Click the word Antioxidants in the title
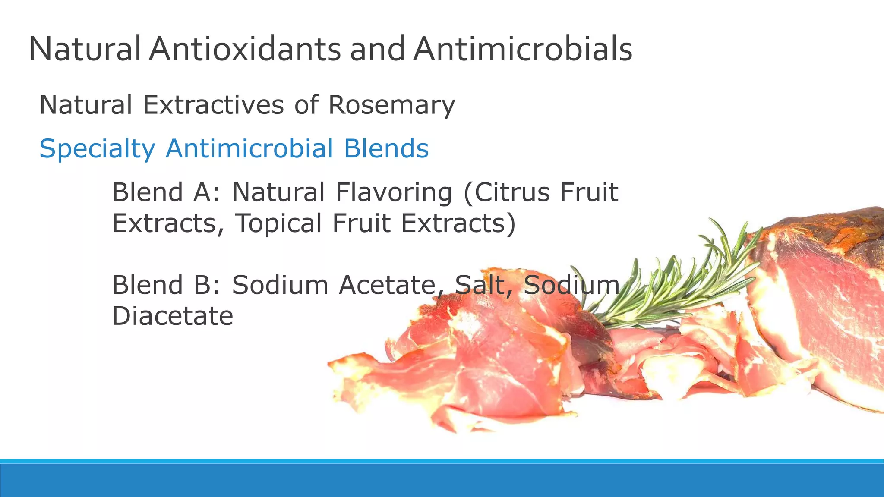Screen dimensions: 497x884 pyautogui.click(x=245, y=49)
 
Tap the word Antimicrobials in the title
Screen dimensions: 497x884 pyautogui.click(x=523, y=49)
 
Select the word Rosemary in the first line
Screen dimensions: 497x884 pyautogui.click(x=391, y=105)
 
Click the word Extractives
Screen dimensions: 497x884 pyautogui.click(x=213, y=105)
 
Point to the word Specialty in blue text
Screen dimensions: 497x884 pyautogui.click(x=97, y=149)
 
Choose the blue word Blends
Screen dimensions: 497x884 pyautogui.click(x=386, y=148)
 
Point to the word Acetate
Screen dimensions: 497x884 pyautogui.click(x=387, y=285)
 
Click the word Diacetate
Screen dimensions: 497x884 pyautogui.click(x=173, y=316)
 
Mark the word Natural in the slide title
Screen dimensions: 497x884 pyautogui.click(x=85, y=49)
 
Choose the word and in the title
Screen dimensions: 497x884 pyautogui.click(x=377, y=49)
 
